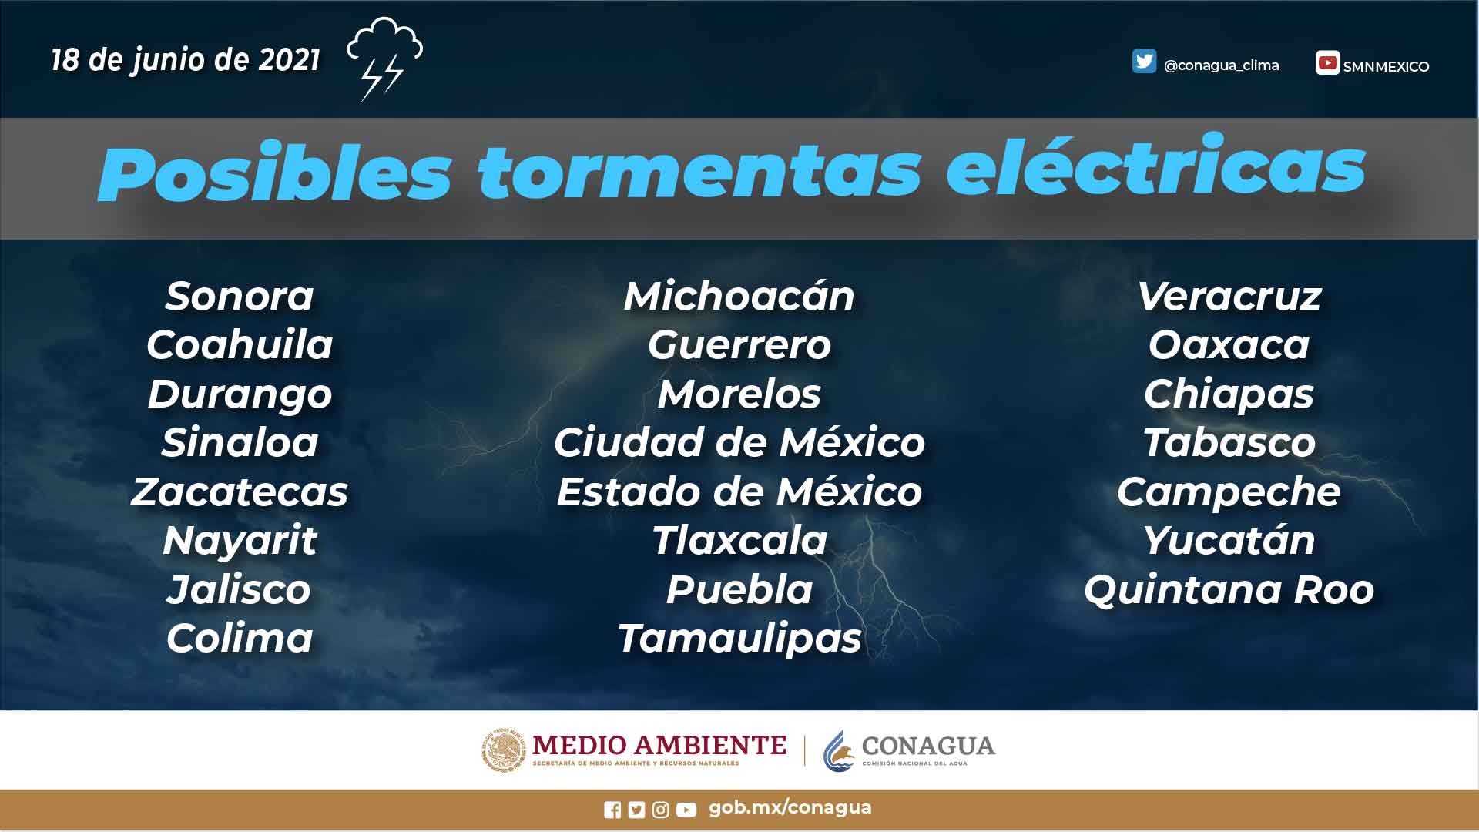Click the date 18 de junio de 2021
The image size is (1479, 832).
pos(186,60)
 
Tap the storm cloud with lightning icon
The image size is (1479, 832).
pos(384,59)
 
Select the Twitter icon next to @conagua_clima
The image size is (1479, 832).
pos(1144,62)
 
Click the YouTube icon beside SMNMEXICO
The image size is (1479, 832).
pos(1327,62)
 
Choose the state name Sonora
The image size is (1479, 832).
pos(240,297)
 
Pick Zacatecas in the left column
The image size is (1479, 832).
pos(240,492)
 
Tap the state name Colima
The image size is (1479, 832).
pos(240,639)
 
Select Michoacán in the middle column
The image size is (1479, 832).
pos(739,297)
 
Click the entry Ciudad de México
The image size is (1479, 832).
pos(739,443)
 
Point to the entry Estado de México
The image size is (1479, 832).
pos(739,492)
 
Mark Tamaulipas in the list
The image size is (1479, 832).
pos(739,639)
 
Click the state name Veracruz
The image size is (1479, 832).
pos(1229,297)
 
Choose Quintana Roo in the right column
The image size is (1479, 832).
pos(1229,590)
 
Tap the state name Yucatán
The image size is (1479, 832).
pos(1229,541)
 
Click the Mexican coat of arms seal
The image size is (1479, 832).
pos(504,750)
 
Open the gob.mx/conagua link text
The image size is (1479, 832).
pos(790,807)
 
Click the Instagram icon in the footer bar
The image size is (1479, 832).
pos(660,810)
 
